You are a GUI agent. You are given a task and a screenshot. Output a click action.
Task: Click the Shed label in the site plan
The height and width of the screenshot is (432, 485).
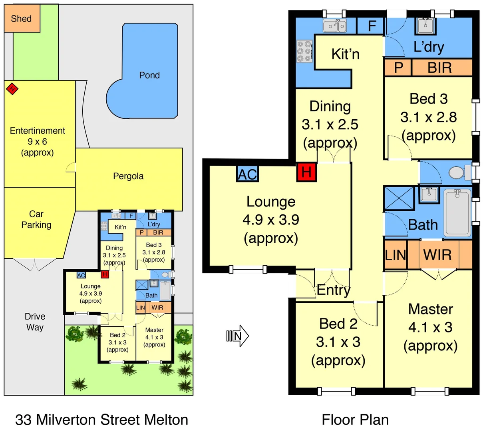[22, 18]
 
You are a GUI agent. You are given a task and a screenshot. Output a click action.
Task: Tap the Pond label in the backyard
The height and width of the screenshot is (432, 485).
[149, 75]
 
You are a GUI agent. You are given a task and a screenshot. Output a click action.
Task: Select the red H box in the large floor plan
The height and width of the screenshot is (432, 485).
[306, 172]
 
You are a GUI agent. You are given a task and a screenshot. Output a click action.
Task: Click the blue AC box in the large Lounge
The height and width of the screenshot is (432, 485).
[247, 174]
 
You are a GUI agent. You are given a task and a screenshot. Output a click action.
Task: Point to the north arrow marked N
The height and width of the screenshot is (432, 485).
[238, 336]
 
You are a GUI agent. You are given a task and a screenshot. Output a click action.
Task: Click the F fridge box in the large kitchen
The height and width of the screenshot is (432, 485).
[372, 26]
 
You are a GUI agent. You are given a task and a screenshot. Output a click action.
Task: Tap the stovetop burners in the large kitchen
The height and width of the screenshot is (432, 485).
[304, 52]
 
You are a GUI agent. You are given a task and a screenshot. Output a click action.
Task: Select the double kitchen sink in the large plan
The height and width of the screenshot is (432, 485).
[335, 26]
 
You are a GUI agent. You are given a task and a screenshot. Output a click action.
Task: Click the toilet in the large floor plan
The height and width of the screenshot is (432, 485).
[458, 173]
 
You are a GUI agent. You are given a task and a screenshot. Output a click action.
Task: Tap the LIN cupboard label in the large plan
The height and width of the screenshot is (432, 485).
[395, 255]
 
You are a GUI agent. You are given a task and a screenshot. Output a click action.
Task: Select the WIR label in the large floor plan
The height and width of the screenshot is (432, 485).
[437, 255]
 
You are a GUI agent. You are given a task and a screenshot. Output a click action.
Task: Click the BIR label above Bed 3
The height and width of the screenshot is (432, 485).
[439, 68]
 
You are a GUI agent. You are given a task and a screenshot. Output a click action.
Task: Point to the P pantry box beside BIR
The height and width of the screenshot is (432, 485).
[398, 68]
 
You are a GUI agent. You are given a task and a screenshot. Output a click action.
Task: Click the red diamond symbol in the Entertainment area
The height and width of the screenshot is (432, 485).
[12, 88]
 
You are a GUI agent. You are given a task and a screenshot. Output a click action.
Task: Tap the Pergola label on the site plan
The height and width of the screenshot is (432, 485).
[128, 176]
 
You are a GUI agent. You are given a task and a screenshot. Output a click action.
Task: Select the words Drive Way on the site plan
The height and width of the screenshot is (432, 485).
[35, 322]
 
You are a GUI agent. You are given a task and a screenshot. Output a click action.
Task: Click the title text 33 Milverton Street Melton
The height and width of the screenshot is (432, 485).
[101, 420]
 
